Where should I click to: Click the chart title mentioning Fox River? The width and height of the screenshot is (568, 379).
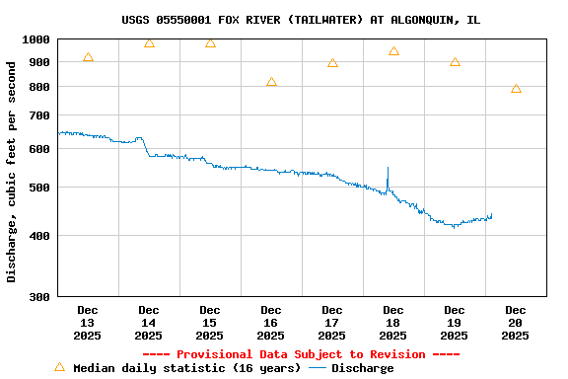point(301,20)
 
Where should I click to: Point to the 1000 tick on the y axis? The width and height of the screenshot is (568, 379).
point(35,38)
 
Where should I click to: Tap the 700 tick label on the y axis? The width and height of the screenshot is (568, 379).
point(38,115)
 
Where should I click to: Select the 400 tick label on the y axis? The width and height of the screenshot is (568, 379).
point(38,235)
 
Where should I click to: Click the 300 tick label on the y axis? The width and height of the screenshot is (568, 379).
point(38,296)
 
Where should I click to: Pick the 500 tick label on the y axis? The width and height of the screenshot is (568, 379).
point(38,188)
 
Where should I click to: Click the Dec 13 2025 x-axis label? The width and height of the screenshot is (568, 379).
point(88,323)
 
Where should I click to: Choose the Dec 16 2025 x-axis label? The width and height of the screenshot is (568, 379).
point(271,323)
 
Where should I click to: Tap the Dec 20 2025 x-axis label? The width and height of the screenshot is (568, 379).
point(516,323)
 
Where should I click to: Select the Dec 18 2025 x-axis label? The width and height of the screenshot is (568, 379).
point(393,323)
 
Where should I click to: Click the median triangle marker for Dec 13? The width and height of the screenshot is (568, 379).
point(89,57)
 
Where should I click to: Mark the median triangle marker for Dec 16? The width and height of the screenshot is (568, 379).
point(271,82)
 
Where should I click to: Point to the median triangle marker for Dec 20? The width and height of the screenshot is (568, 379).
point(516,89)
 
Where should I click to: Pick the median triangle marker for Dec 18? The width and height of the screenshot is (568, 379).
point(393,51)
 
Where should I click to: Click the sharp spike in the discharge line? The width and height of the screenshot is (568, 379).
point(388,170)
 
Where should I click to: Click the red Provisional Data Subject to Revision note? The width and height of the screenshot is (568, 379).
point(301,354)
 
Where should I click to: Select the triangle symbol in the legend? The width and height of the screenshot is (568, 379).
point(59,367)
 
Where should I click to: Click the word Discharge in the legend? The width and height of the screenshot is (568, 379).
point(362,368)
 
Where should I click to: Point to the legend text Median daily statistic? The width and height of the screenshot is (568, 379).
point(186,368)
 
